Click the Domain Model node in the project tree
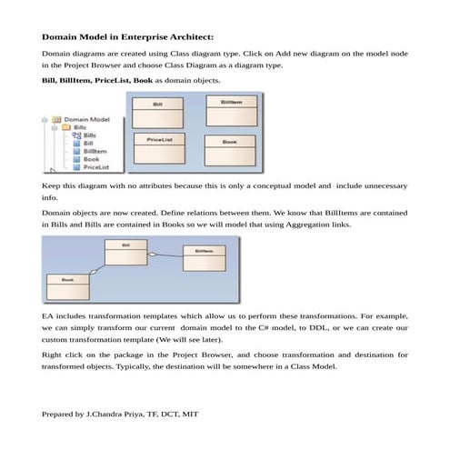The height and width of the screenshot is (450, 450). (87, 119)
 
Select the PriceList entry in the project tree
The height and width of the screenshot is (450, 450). (95, 167)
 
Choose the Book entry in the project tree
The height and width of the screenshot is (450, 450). (91, 159)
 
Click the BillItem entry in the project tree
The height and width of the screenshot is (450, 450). (95, 151)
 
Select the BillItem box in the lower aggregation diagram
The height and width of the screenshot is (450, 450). (205, 257)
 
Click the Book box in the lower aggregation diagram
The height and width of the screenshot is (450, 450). (68, 286)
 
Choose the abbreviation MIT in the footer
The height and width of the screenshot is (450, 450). (189, 414)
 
